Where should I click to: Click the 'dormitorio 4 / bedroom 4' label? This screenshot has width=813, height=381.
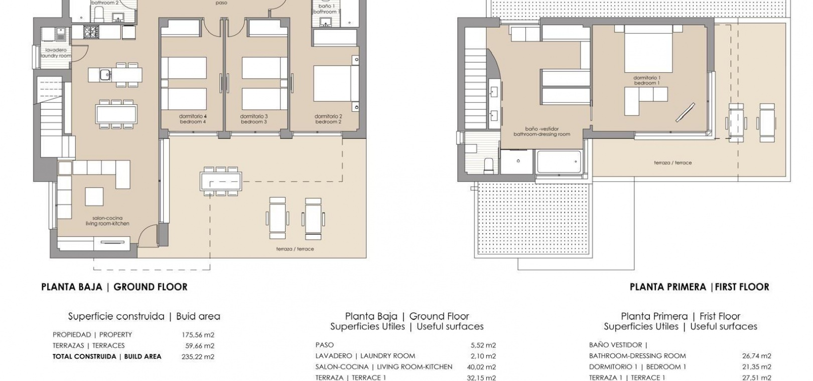coord(193,119)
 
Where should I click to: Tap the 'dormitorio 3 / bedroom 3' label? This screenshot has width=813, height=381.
coord(254,119)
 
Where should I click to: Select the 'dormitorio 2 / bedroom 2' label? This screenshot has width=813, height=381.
coord(328,119)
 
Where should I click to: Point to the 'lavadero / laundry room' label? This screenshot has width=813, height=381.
coord(56,53)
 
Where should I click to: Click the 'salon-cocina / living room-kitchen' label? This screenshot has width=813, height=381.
coord(107,221)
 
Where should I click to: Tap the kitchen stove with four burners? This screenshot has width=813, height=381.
coord(89,32)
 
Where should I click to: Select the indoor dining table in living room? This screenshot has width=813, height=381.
coord(116,114)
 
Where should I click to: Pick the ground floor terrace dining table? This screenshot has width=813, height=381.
coord(221,181)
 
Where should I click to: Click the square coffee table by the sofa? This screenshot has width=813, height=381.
coord(94,197)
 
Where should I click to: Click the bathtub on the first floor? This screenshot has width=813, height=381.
coord(559,162)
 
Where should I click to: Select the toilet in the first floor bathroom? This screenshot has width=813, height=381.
coord(488,164)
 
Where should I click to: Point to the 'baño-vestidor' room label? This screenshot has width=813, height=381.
coord(541,131)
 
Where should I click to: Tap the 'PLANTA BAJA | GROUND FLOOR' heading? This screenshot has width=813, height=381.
coord(114,287)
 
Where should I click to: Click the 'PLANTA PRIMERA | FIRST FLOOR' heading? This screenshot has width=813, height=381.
coord(700,287)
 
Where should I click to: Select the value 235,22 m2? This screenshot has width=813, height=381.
coord(198,357)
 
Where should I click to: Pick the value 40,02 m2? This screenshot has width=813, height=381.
coord(481,367)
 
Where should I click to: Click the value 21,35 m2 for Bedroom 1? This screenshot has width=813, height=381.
coord(756,367)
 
